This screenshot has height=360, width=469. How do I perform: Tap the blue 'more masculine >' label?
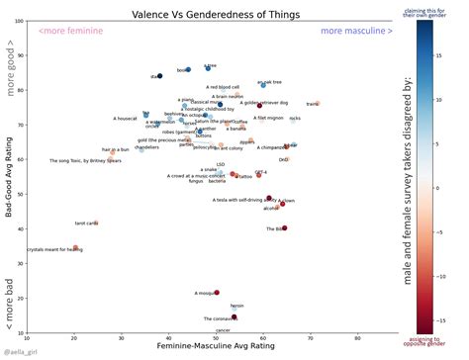356,33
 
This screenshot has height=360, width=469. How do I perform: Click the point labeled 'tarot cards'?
96,223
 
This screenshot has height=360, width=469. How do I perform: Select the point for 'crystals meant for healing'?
75,248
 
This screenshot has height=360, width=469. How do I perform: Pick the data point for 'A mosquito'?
217,293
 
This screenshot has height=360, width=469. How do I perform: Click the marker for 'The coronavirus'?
234,317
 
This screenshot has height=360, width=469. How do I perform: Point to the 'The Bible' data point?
285,228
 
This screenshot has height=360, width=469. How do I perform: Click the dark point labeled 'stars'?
160,76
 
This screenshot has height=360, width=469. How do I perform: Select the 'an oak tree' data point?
264,86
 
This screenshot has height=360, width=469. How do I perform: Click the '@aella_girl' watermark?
22,352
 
